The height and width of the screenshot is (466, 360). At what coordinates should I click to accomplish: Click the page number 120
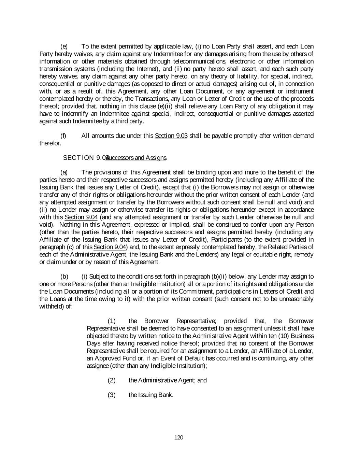click(179, 437)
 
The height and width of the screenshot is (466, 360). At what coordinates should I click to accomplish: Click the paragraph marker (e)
click(64, 46)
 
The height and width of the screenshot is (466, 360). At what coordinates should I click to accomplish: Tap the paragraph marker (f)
click(63, 136)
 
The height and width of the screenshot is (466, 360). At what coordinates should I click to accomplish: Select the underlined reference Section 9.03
click(171, 136)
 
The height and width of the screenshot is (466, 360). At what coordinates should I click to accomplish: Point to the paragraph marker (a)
click(64, 172)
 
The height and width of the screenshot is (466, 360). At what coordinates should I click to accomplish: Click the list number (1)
click(112, 321)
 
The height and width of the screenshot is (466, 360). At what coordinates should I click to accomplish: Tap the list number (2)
click(112, 380)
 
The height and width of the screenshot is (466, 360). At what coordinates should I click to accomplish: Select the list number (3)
click(112, 395)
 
